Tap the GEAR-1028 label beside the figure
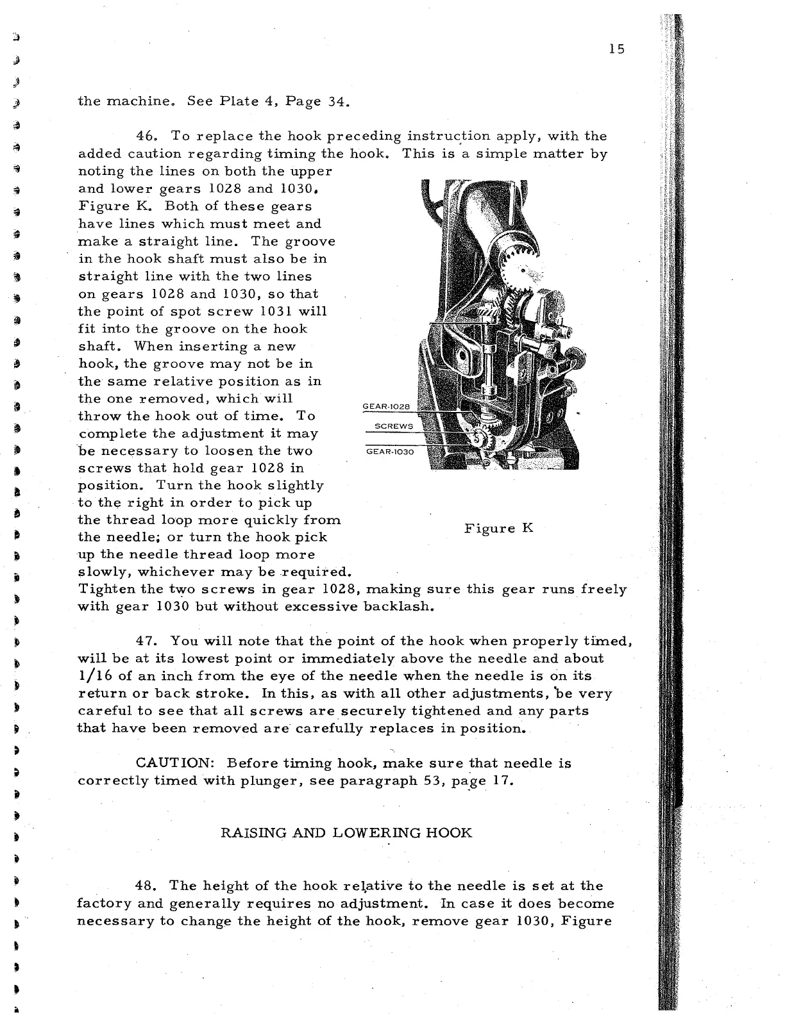[x=386, y=407]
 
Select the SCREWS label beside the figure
[x=394, y=427]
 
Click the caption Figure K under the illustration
[x=499, y=529]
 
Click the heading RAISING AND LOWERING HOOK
[x=346, y=833]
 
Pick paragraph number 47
[x=148, y=641]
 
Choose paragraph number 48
[x=148, y=886]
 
